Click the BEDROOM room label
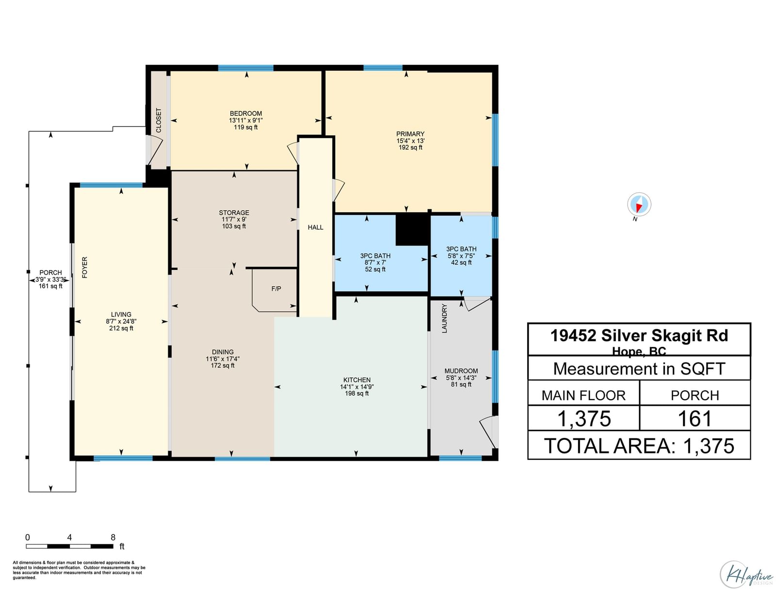246,113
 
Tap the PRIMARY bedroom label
410,134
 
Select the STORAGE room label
234,213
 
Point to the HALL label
315,227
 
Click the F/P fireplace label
276,289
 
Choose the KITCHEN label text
356,380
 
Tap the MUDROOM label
461,371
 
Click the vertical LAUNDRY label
444,318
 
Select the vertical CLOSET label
159,121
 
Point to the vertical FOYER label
84,267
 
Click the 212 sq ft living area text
121,328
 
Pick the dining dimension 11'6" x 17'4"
223,358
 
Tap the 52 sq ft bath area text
375,269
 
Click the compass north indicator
639,205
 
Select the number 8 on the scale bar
113,537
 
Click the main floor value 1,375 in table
583,419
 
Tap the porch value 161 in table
695,419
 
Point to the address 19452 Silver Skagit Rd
639,335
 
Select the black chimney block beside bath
412,230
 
